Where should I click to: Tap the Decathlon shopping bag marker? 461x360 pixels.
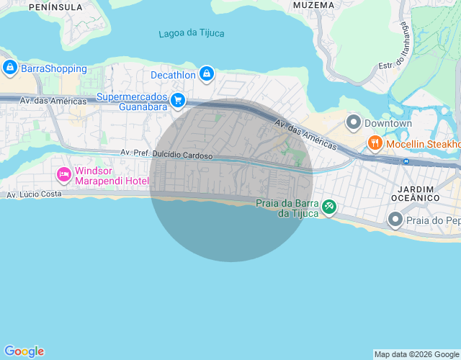[x=207, y=73]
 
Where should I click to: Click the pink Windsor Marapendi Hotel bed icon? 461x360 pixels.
[x=64, y=174]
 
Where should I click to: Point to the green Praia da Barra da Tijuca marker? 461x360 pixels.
[x=328, y=207]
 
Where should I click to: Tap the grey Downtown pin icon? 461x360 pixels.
[x=353, y=123]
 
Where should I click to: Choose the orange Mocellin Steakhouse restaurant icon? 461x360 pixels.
[x=375, y=144]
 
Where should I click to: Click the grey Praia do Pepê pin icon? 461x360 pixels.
[x=395, y=218]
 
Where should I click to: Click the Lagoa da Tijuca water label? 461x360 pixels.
[x=192, y=33]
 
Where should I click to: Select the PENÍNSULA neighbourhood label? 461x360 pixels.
[x=56, y=6]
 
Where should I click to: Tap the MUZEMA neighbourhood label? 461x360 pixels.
[x=315, y=5]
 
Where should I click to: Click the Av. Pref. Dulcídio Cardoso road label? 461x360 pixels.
[x=166, y=153]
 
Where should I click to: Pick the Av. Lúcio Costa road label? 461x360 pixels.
[x=35, y=194]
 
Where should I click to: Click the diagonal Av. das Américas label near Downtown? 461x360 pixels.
[x=305, y=135]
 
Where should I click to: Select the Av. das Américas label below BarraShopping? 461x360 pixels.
[x=53, y=102]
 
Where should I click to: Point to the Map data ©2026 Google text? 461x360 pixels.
[x=416, y=354]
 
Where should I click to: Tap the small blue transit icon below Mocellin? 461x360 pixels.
[x=406, y=161]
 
